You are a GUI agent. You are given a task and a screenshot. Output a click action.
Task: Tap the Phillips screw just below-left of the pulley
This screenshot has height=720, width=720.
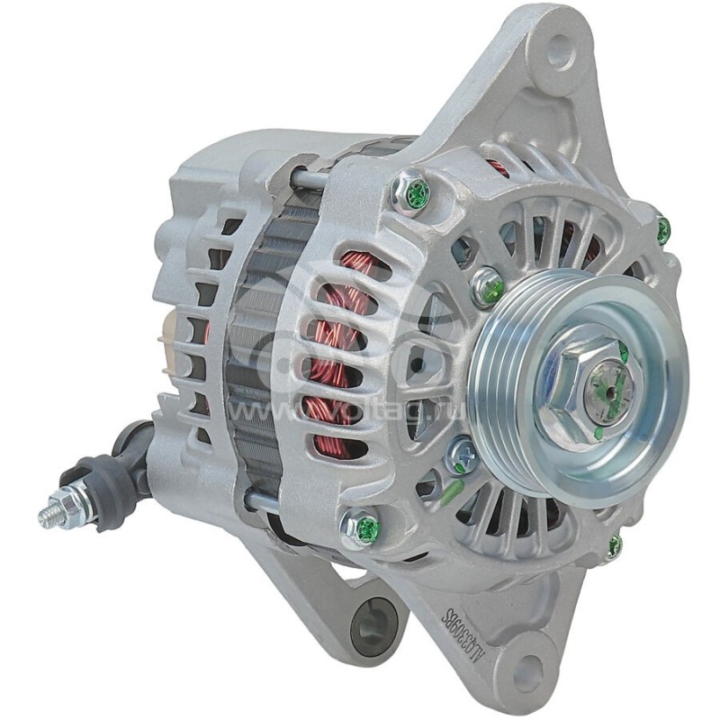click(x=462, y=455)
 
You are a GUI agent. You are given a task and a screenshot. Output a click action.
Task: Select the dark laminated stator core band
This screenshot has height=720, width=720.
click(x=261, y=360)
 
